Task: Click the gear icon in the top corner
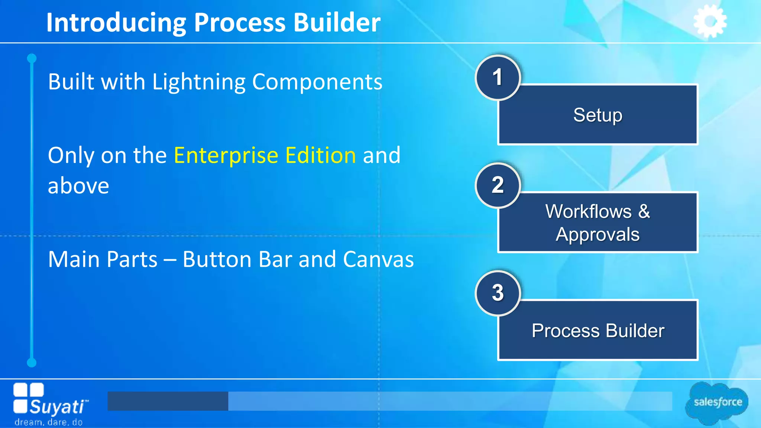[x=710, y=21]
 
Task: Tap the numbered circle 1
[x=498, y=78]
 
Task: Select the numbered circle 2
[x=498, y=185]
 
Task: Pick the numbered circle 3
[x=498, y=293]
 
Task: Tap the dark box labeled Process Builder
[x=598, y=331]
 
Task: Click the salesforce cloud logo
[x=717, y=402]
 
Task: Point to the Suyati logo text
[x=58, y=406]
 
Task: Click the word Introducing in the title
[x=116, y=23]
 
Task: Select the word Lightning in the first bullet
[x=198, y=82]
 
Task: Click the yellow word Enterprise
[x=226, y=155]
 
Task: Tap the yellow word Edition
[x=321, y=155]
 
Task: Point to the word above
[x=78, y=186]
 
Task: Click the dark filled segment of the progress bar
[x=168, y=401]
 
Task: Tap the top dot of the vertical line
[x=32, y=58]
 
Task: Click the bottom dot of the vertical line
[x=32, y=362]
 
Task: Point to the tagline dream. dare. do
[x=48, y=422]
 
